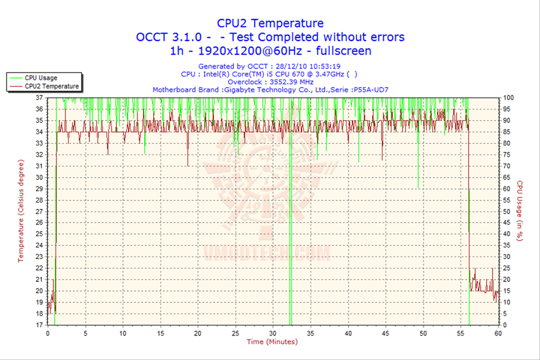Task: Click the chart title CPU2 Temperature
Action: coord(270,23)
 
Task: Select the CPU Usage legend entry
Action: coord(40,77)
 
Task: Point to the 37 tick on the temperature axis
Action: coord(39,97)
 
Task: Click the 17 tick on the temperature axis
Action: coord(39,325)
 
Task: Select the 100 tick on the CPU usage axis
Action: coord(508,97)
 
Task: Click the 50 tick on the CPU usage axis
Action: coord(506,211)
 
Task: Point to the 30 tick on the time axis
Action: coord(273,333)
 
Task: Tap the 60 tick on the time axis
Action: coord(498,333)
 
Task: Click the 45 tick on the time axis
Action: coord(385,333)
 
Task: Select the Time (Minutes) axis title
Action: coord(272,342)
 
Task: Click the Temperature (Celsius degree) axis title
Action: coord(21,211)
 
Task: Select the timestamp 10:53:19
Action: coord(338,66)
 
